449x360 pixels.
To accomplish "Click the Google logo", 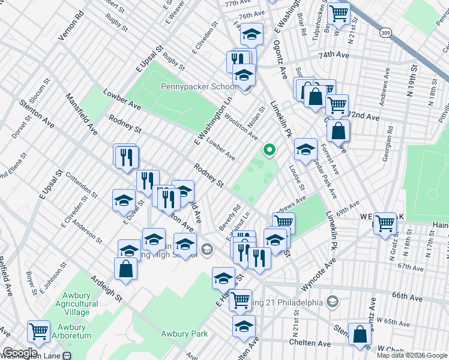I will (20, 353).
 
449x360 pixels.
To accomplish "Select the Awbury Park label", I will (184, 334).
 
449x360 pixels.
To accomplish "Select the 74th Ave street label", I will (334, 55).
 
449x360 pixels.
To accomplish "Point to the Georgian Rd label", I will (389, 144).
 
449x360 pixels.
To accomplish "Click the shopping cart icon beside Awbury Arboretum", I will (38, 329).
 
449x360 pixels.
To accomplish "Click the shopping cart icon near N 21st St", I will (339, 12).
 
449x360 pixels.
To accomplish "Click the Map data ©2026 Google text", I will (412, 355).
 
